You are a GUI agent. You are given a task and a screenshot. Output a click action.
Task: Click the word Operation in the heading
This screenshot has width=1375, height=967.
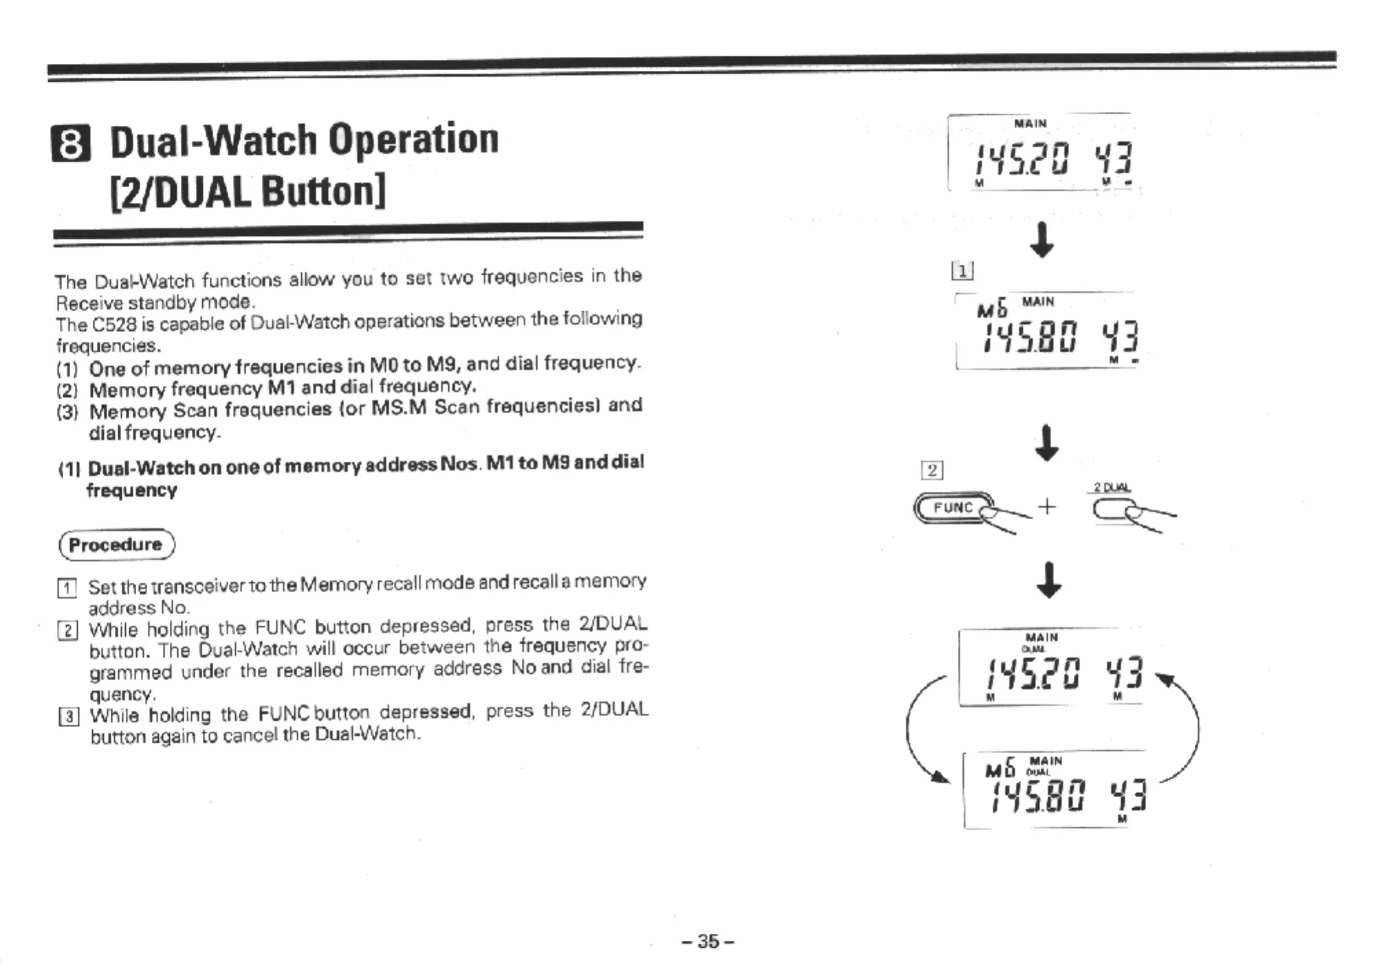[413, 140]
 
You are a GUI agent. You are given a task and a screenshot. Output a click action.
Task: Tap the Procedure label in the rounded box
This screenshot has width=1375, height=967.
[116, 545]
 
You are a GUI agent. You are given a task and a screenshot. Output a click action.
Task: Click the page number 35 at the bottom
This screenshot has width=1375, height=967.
[707, 941]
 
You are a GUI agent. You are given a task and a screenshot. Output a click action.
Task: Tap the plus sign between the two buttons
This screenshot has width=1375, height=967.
[1046, 508]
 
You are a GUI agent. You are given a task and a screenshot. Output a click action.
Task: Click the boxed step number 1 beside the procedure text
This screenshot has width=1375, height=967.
[66, 588]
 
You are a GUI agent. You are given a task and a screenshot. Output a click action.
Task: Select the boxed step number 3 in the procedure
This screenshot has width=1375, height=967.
[68, 717]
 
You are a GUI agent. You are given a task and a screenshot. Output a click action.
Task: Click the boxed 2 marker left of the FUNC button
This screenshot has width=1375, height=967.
[932, 470]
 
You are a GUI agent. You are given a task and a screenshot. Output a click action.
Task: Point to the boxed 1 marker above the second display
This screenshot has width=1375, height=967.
[962, 272]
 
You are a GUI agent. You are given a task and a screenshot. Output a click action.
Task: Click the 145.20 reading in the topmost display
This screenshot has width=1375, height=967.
[1021, 159]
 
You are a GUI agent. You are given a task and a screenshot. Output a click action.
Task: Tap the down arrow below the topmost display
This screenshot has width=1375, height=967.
[1042, 239]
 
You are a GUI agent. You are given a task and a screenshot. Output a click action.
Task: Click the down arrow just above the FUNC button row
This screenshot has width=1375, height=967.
[1046, 444]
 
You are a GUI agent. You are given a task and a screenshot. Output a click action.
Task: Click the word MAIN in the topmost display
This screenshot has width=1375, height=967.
[1030, 124]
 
